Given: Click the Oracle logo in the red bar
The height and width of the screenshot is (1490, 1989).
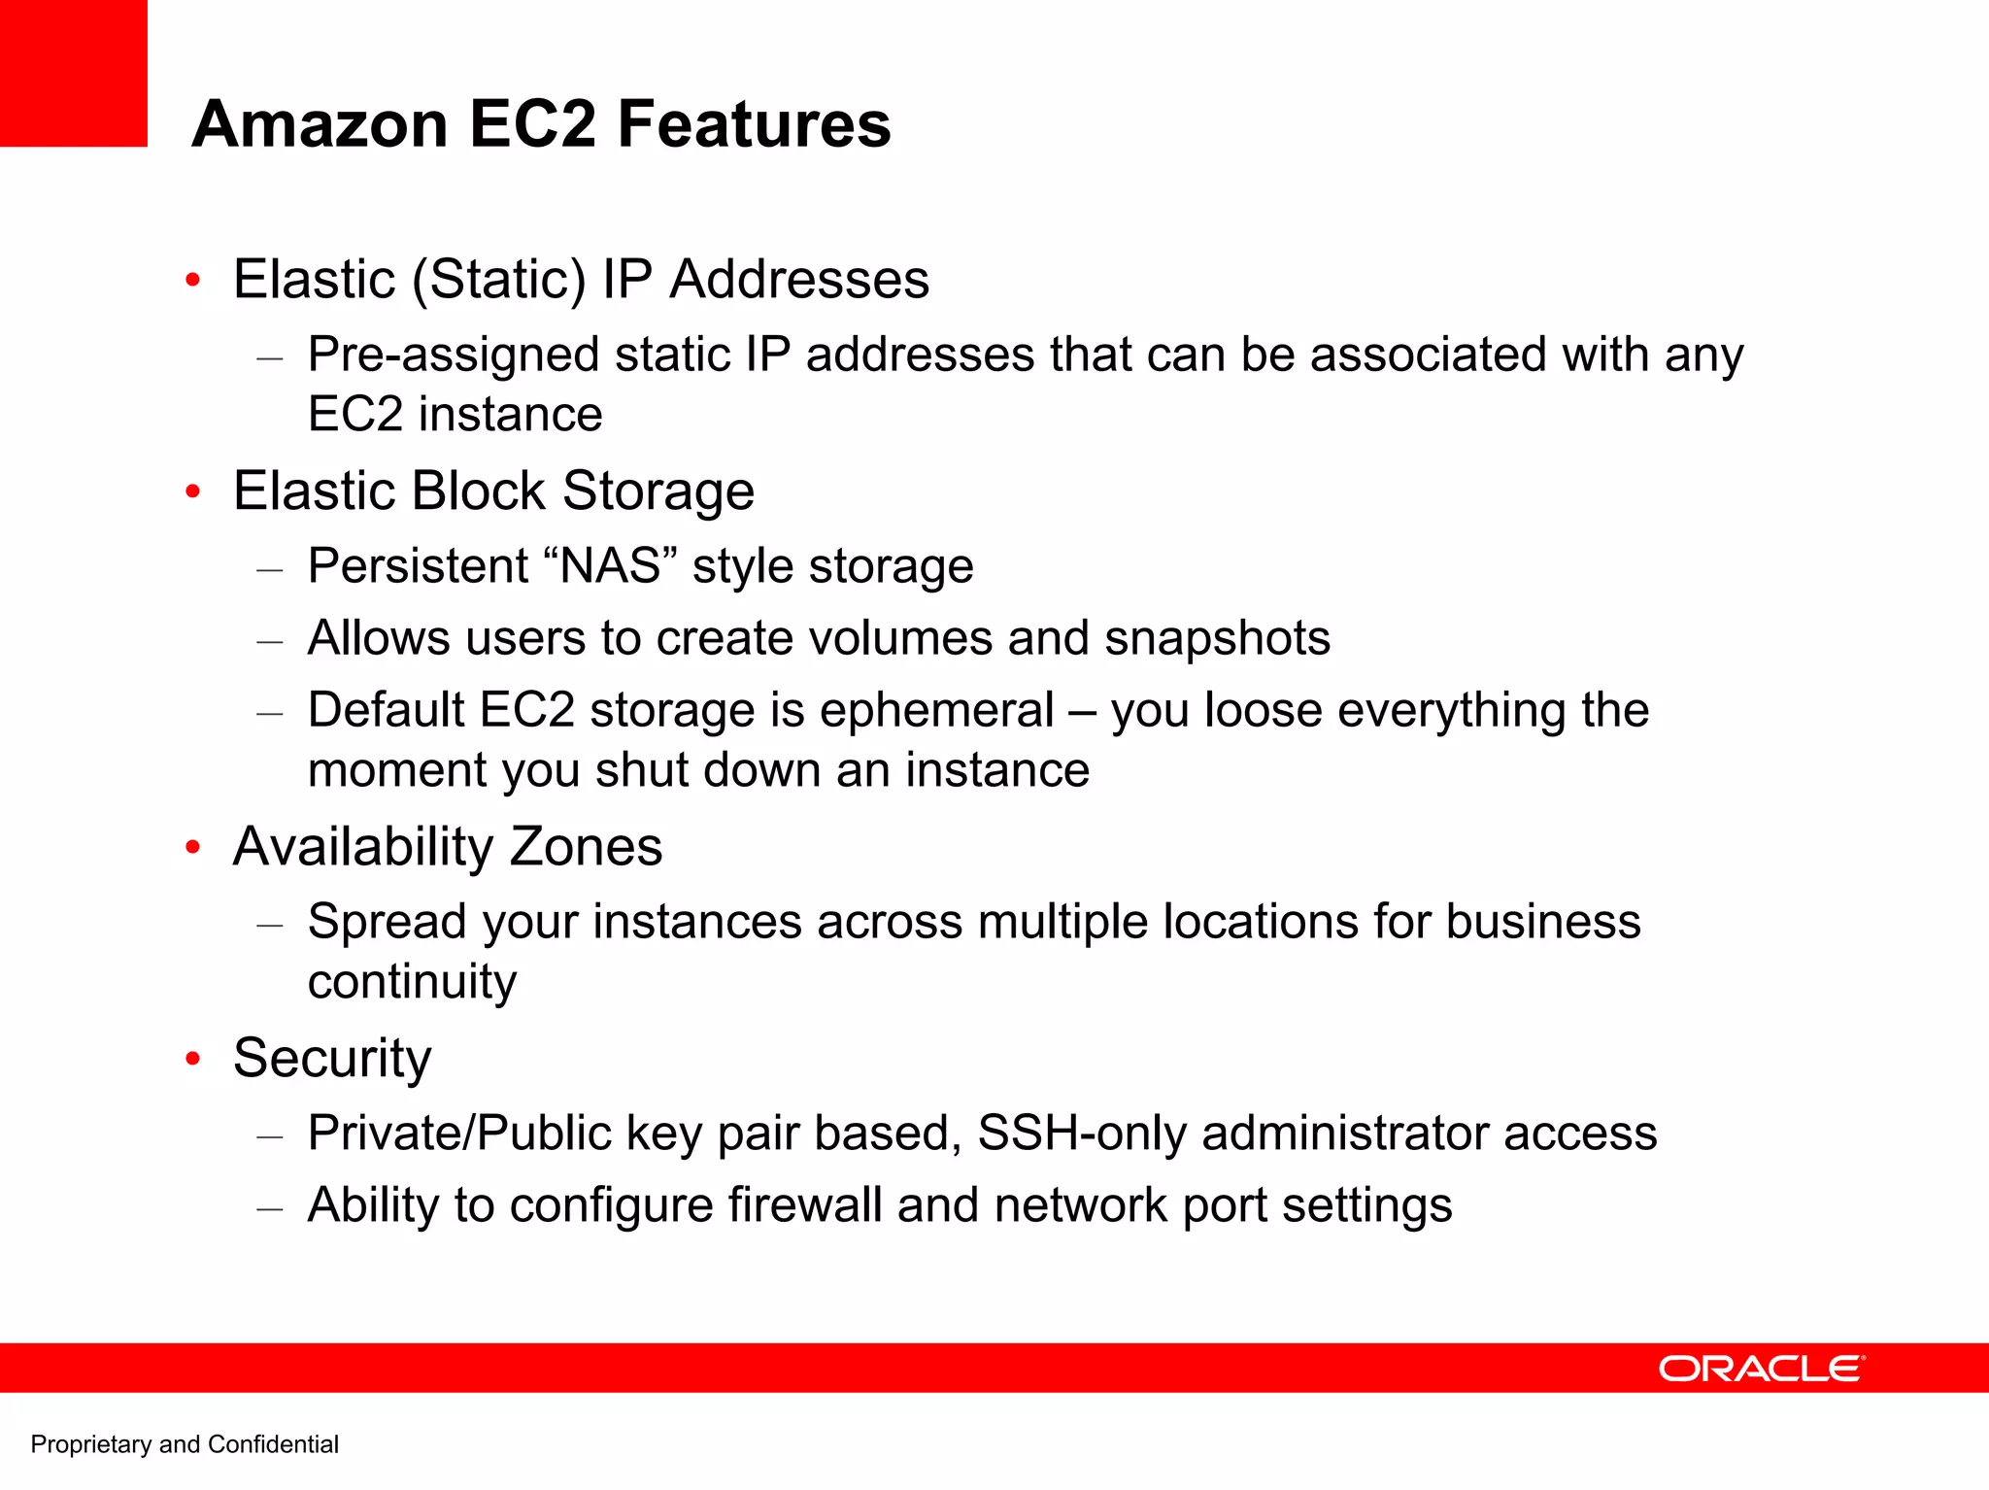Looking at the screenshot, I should coord(1761,1369).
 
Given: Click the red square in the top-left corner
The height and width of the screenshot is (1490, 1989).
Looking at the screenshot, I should coord(73,73).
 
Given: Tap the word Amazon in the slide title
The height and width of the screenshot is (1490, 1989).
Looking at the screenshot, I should coord(320,124).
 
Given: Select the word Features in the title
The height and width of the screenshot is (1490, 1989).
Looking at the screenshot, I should coord(754,124).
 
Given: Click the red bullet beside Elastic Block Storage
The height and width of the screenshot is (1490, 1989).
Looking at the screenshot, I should coord(193,491).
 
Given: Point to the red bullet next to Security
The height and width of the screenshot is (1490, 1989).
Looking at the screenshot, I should coord(193,1059).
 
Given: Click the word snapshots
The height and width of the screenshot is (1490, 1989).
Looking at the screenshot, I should coord(1217,638).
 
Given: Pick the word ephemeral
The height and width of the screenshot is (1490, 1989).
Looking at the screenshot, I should coord(936,710).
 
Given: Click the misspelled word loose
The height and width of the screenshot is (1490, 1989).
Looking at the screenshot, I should coord(1263,710).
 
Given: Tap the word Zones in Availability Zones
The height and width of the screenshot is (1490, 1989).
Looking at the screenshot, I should coord(586,847).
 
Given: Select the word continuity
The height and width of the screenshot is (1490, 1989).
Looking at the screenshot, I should coord(412,982).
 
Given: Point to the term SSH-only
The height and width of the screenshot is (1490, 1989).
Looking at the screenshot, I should coord(1081,1133).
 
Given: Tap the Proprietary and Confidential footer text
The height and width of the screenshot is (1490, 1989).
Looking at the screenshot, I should coord(185,1444).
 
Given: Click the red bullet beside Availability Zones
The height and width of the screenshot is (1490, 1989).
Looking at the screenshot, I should coord(193,848).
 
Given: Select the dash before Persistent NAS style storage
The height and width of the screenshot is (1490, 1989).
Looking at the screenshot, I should coord(270,568).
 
